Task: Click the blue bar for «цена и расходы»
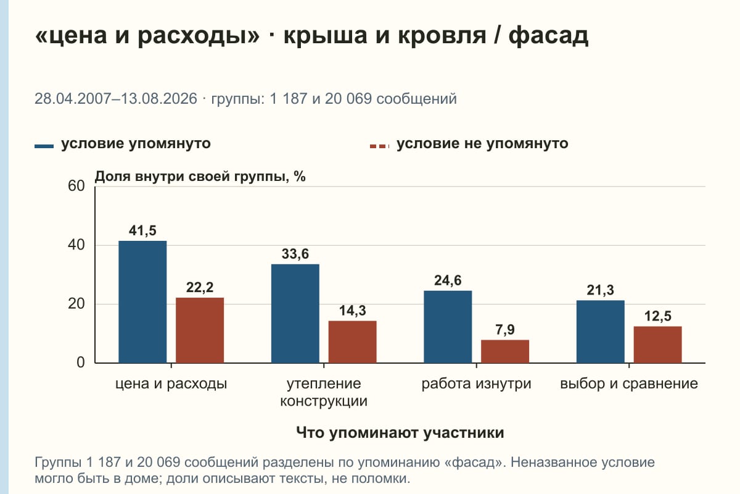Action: coord(142,302)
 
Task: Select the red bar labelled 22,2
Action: coord(200,330)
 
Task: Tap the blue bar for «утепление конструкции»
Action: coord(295,314)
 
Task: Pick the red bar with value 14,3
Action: coord(352,342)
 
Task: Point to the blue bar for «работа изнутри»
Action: coord(448,327)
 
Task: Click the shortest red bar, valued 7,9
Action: coord(505,351)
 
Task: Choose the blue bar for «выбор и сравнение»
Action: coord(600,332)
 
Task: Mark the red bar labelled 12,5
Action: coord(657,345)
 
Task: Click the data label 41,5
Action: coord(142,230)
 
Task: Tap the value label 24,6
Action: coord(448,280)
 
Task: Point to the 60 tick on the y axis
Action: coord(76,186)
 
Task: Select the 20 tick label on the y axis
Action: coord(76,304)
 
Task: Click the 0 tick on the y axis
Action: coord(81,363)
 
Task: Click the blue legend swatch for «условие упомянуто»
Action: coord(44,146)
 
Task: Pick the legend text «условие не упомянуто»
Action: coord(482,144)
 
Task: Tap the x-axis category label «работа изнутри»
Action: coord(476,384)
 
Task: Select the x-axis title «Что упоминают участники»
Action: coord(400,433)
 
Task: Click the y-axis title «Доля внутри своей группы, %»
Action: coord(200,177)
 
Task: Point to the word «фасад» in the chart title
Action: coord(548,36)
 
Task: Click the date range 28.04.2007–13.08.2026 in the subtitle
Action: coord(116,99)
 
